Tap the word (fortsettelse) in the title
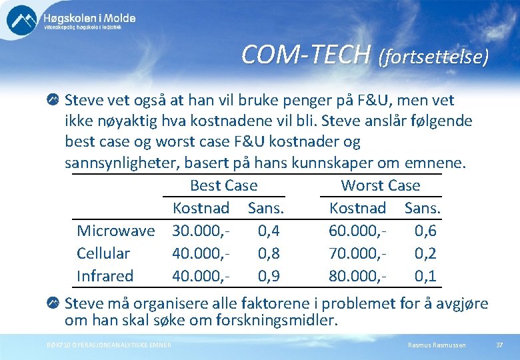433,57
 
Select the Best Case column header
223,185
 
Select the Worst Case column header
380,185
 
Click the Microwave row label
115,231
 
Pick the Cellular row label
103,253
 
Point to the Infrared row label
105,276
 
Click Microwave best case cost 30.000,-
201,231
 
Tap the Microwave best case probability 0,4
268,231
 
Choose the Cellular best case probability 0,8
268,253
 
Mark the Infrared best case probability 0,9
268,276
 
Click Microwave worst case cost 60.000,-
358,231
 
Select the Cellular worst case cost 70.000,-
358,253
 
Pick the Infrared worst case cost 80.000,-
358,276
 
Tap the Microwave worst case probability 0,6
425,231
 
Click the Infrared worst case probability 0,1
425,276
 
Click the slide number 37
499,345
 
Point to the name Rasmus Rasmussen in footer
437,345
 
